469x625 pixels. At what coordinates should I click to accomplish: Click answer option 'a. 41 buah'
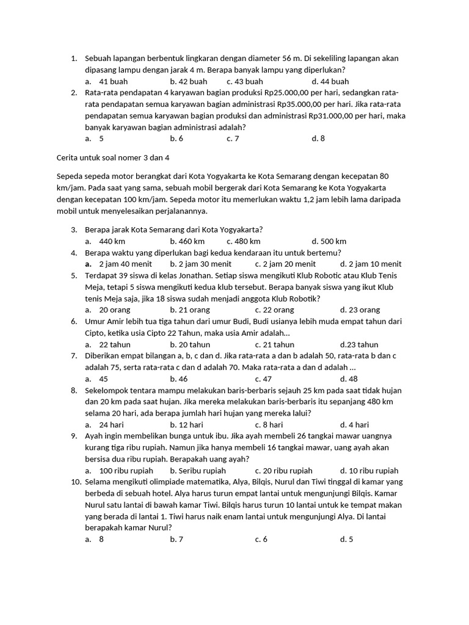tap(107, 81)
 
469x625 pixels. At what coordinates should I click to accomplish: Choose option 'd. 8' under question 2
tap(318, 139)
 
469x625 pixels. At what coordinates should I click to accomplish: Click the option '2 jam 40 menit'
tap(119, 264)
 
